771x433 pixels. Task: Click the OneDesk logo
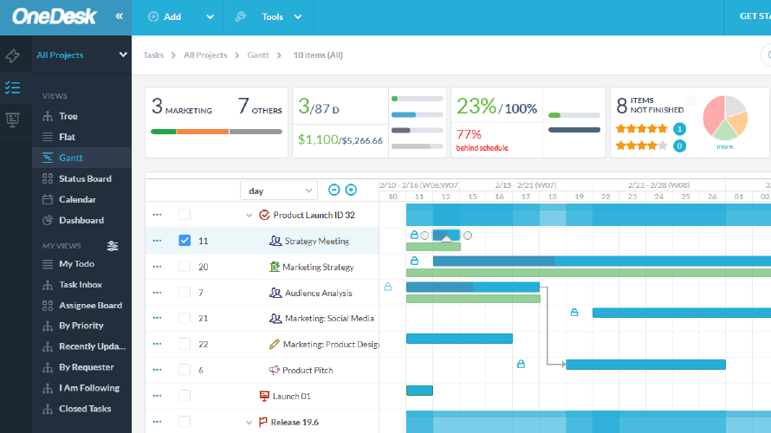[x=54, y=16]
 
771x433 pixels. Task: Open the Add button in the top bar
[x=172, y=16]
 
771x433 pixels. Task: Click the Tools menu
[x=273, y=16]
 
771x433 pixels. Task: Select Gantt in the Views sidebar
[x=71, y=158]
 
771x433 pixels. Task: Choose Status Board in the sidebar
[x=84, y=178]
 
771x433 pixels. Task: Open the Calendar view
[x=77, y=199]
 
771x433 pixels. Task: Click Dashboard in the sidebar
[x=81, y=220]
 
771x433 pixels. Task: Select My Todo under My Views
[x=76, y=263]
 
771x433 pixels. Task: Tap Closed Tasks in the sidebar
[x=85, y=409]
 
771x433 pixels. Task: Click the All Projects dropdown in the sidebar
[x=81, y=55]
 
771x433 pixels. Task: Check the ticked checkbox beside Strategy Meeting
[x=185, y=241]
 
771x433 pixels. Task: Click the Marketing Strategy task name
[x=318, y=267]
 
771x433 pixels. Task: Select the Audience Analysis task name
[x=319, y=293]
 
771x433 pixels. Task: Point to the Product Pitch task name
[x=308, y=371]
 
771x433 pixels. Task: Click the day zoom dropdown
[x=279, y=191]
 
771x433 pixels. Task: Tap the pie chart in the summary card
[x=724, y=118]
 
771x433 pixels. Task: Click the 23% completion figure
[x=476, y=107]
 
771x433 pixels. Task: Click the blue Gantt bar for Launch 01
[x=419, y=391]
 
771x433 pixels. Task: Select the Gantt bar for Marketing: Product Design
[x=459, y=339]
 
